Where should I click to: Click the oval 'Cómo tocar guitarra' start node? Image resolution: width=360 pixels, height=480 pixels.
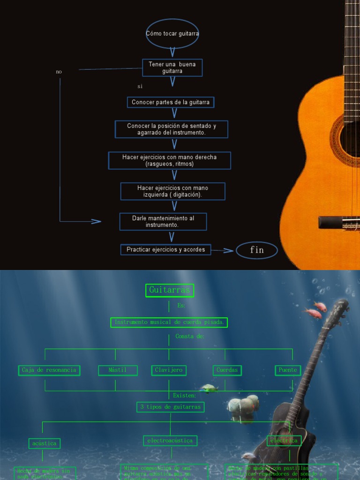pos(172,34)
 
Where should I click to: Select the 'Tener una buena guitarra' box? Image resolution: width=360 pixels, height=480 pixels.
pos(172,67)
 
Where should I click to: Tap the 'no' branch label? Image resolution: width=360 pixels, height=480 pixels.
pos(59,72)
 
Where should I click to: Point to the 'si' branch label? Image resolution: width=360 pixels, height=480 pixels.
pos(140,87)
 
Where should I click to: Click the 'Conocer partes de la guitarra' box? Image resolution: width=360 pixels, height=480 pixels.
pos(171,102)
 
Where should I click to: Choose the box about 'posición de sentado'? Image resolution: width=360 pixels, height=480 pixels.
pos(171,129)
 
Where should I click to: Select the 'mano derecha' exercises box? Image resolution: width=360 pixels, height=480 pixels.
pos(169,160)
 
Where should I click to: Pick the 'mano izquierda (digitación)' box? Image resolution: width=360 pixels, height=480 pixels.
pos(172,191)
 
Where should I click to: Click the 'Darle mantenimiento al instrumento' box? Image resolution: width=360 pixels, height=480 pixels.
pos(163,222)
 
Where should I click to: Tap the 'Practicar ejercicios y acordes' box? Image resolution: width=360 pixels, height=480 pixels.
pos(165,249)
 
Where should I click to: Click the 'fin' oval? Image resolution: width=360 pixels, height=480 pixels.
pos(256,250)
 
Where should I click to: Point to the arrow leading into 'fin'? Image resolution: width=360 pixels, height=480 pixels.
pos(223,250)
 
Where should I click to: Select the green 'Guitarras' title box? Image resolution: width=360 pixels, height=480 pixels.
pos(169,290)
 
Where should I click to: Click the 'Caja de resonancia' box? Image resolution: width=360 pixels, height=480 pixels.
pos(49,370)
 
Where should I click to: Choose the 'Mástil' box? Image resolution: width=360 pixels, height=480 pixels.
pos(118,370)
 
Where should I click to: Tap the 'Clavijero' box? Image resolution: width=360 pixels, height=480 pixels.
pos(169,370)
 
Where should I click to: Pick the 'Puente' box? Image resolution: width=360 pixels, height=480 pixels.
pos(287,370)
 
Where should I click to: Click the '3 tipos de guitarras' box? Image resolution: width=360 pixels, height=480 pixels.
pos(170,407)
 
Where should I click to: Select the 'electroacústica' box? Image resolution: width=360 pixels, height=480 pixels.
pos(170,441)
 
